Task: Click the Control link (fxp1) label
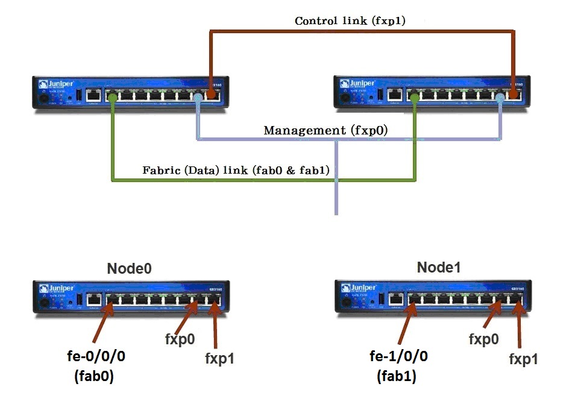point(350,20)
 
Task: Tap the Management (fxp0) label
point(325,130)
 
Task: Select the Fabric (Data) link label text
point(236,170)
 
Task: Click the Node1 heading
point(438,267)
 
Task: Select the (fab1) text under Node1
point(398,377)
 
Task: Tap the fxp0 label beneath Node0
point(180,339)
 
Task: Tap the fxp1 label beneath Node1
point(523,359)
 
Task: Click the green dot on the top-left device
point(112,95)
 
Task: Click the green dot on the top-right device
point(413,95)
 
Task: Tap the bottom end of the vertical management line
point(336,212)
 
